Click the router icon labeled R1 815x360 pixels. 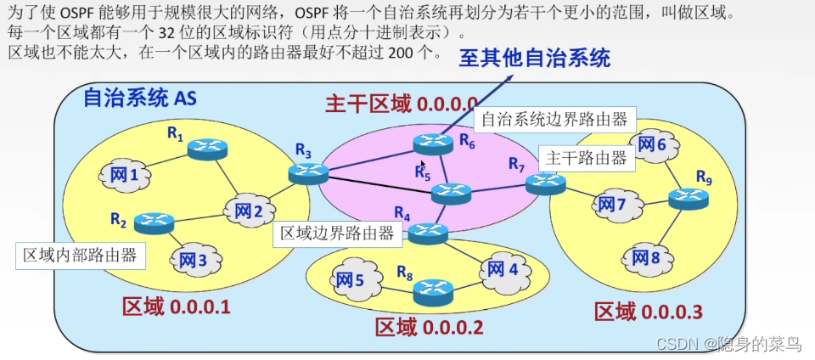click(x=207, y=149)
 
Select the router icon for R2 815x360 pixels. click(x=154, y=222)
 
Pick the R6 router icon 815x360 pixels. click(x=433, y=144)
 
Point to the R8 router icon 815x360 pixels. click(x=433, y=292)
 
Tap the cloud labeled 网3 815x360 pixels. click(x=193, y=259)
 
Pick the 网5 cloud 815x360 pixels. click(x=348, y=278)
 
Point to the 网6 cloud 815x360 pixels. click(x=651, y=144)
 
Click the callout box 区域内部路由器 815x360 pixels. click(x=78, y=256)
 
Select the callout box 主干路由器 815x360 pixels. click(x=586, y=158)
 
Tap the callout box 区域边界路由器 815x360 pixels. click(x=336, y=233)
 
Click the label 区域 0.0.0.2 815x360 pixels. click(x=429, y=327)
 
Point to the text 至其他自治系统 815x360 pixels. click(x=534, y=58)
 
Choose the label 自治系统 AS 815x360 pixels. click(x=138, y=98)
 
